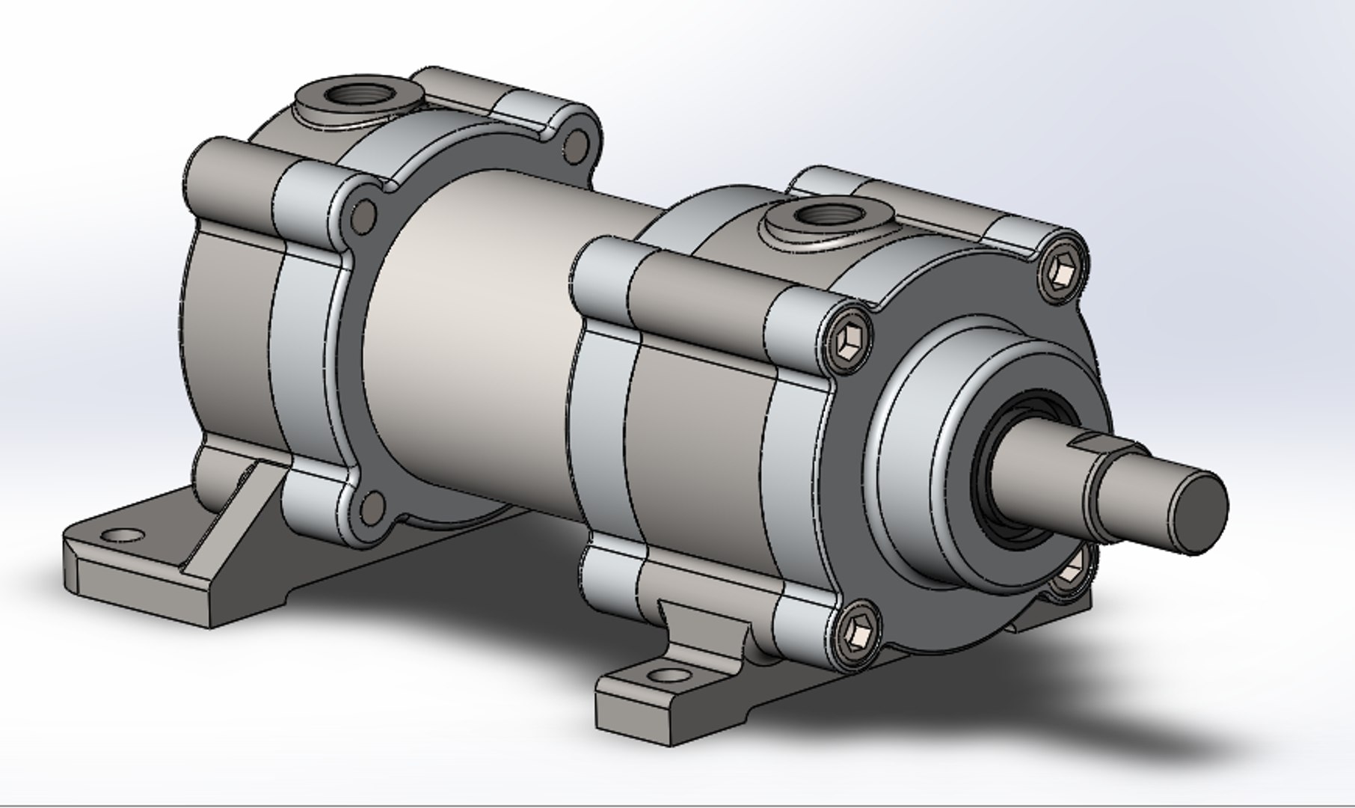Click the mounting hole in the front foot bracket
pyautogui.click(x=668, y=676)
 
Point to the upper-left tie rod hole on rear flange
pyautogui.click(x=365, y=215)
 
